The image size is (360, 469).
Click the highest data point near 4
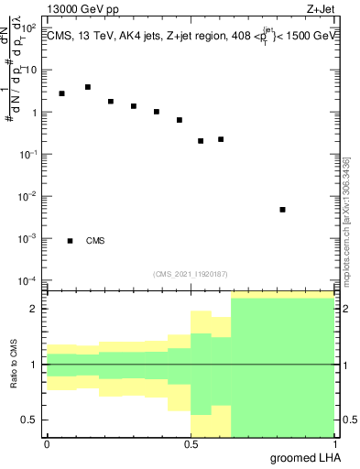tap(88, 87)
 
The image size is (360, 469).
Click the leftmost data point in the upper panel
tap(61, 93)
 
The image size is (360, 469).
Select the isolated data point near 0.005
tap(282, 210)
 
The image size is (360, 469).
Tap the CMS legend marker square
tap(70, 241)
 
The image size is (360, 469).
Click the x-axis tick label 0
tap(47, 444)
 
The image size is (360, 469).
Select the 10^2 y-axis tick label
tap(29, 28)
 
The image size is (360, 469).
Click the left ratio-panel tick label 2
tap(35, 309)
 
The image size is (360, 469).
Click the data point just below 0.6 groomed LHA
tap(221, 139)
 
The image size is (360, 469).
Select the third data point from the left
tap(111, 101)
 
